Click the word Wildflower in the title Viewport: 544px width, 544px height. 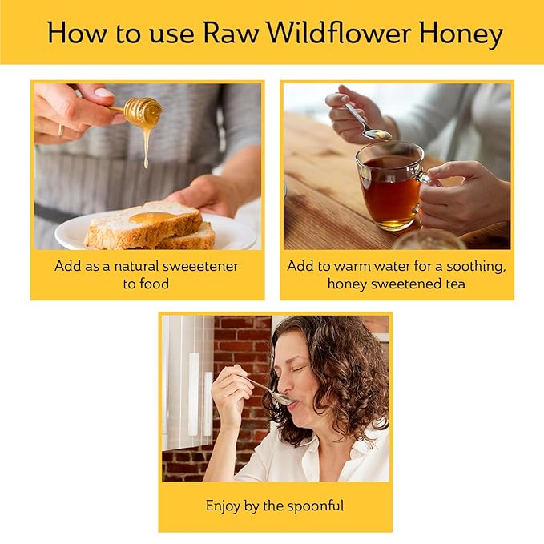[x=335, y=34]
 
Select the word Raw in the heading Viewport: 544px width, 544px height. [x=229, y=34]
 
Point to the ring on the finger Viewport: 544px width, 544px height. [x=60, y=130]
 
